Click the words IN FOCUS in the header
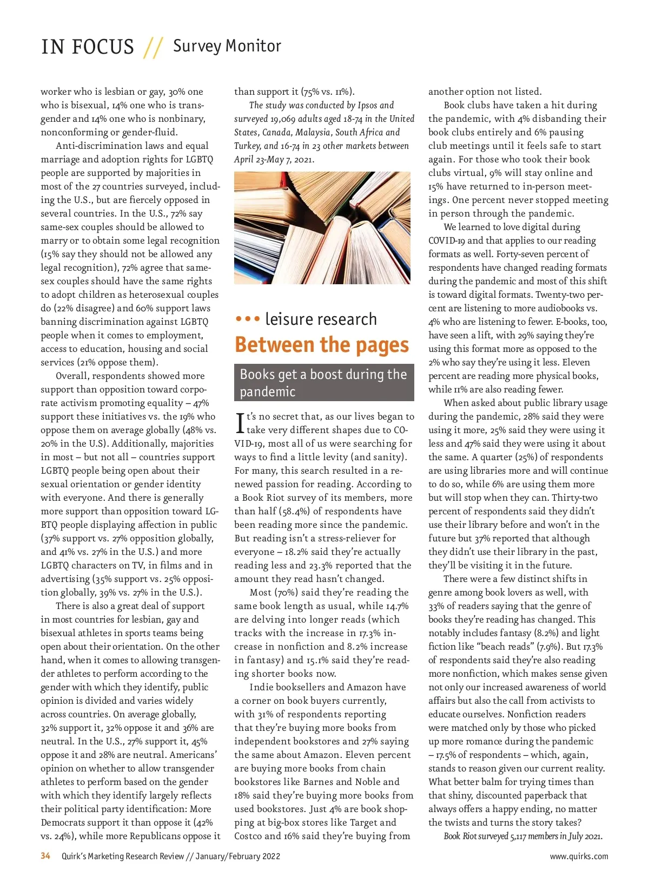point(88,47)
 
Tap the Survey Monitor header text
point(227,46)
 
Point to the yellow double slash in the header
point(153,48)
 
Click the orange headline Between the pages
point(322,345)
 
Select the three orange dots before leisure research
point(248,319)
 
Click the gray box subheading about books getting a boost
point(323,382)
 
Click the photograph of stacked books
point(322,228)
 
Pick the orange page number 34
point(45,856)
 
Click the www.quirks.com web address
point(579,856)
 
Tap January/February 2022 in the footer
point(237,856)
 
